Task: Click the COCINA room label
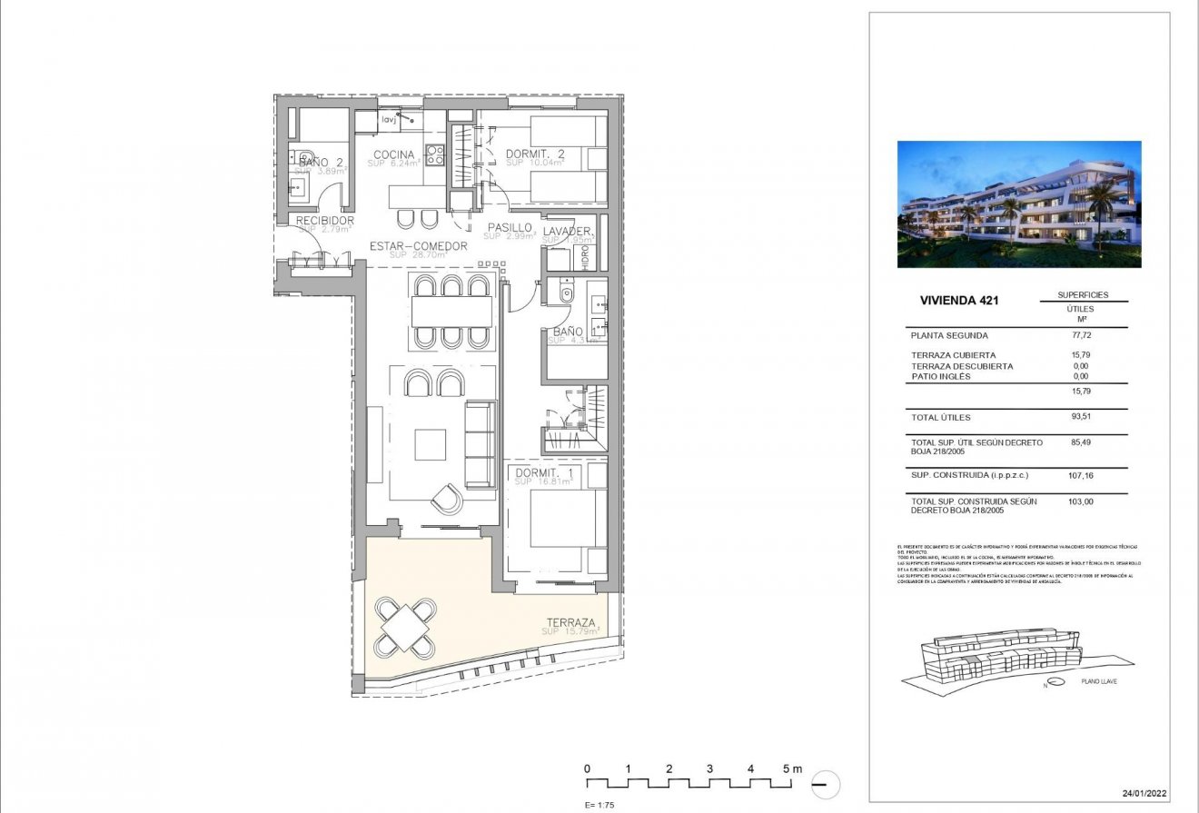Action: [393, 154]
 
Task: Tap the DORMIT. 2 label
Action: [535, 154]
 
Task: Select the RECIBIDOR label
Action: [324, 221]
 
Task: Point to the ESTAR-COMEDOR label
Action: [418, 246]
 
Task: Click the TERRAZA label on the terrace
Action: [571, 622]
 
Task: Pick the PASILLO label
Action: [509, 227]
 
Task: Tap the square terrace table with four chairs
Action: [406, 626]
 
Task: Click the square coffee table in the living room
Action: [431, 445]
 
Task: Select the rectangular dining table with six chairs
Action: [451, 312]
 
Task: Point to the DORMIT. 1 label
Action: [542, 473]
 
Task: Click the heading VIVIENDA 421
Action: [959, 301]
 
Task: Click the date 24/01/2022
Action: [1142, 792]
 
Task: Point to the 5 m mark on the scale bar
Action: [789, 769]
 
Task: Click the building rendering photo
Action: [1019, 203]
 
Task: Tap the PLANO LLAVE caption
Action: [1098, 680]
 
